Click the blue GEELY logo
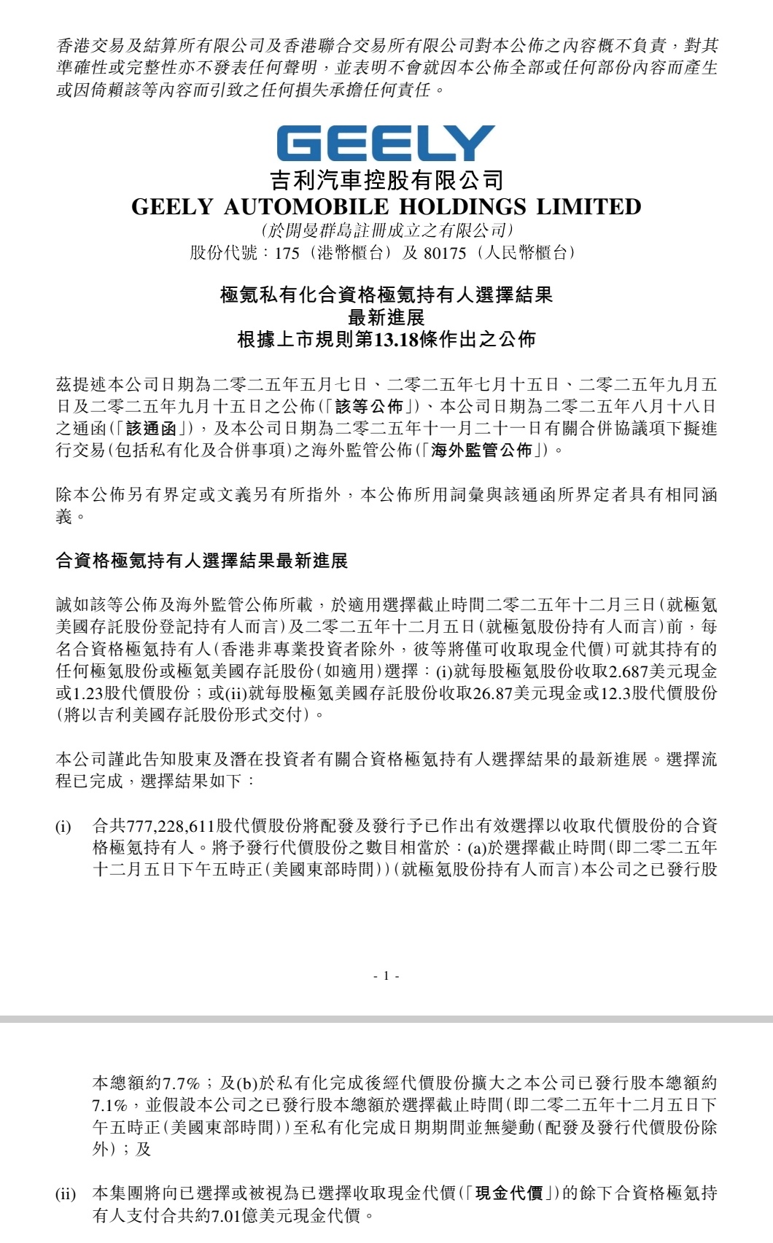386,144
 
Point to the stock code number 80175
444,253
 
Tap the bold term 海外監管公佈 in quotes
481,451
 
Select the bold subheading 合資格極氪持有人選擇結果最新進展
202,561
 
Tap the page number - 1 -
386,975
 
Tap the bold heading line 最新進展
386,317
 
